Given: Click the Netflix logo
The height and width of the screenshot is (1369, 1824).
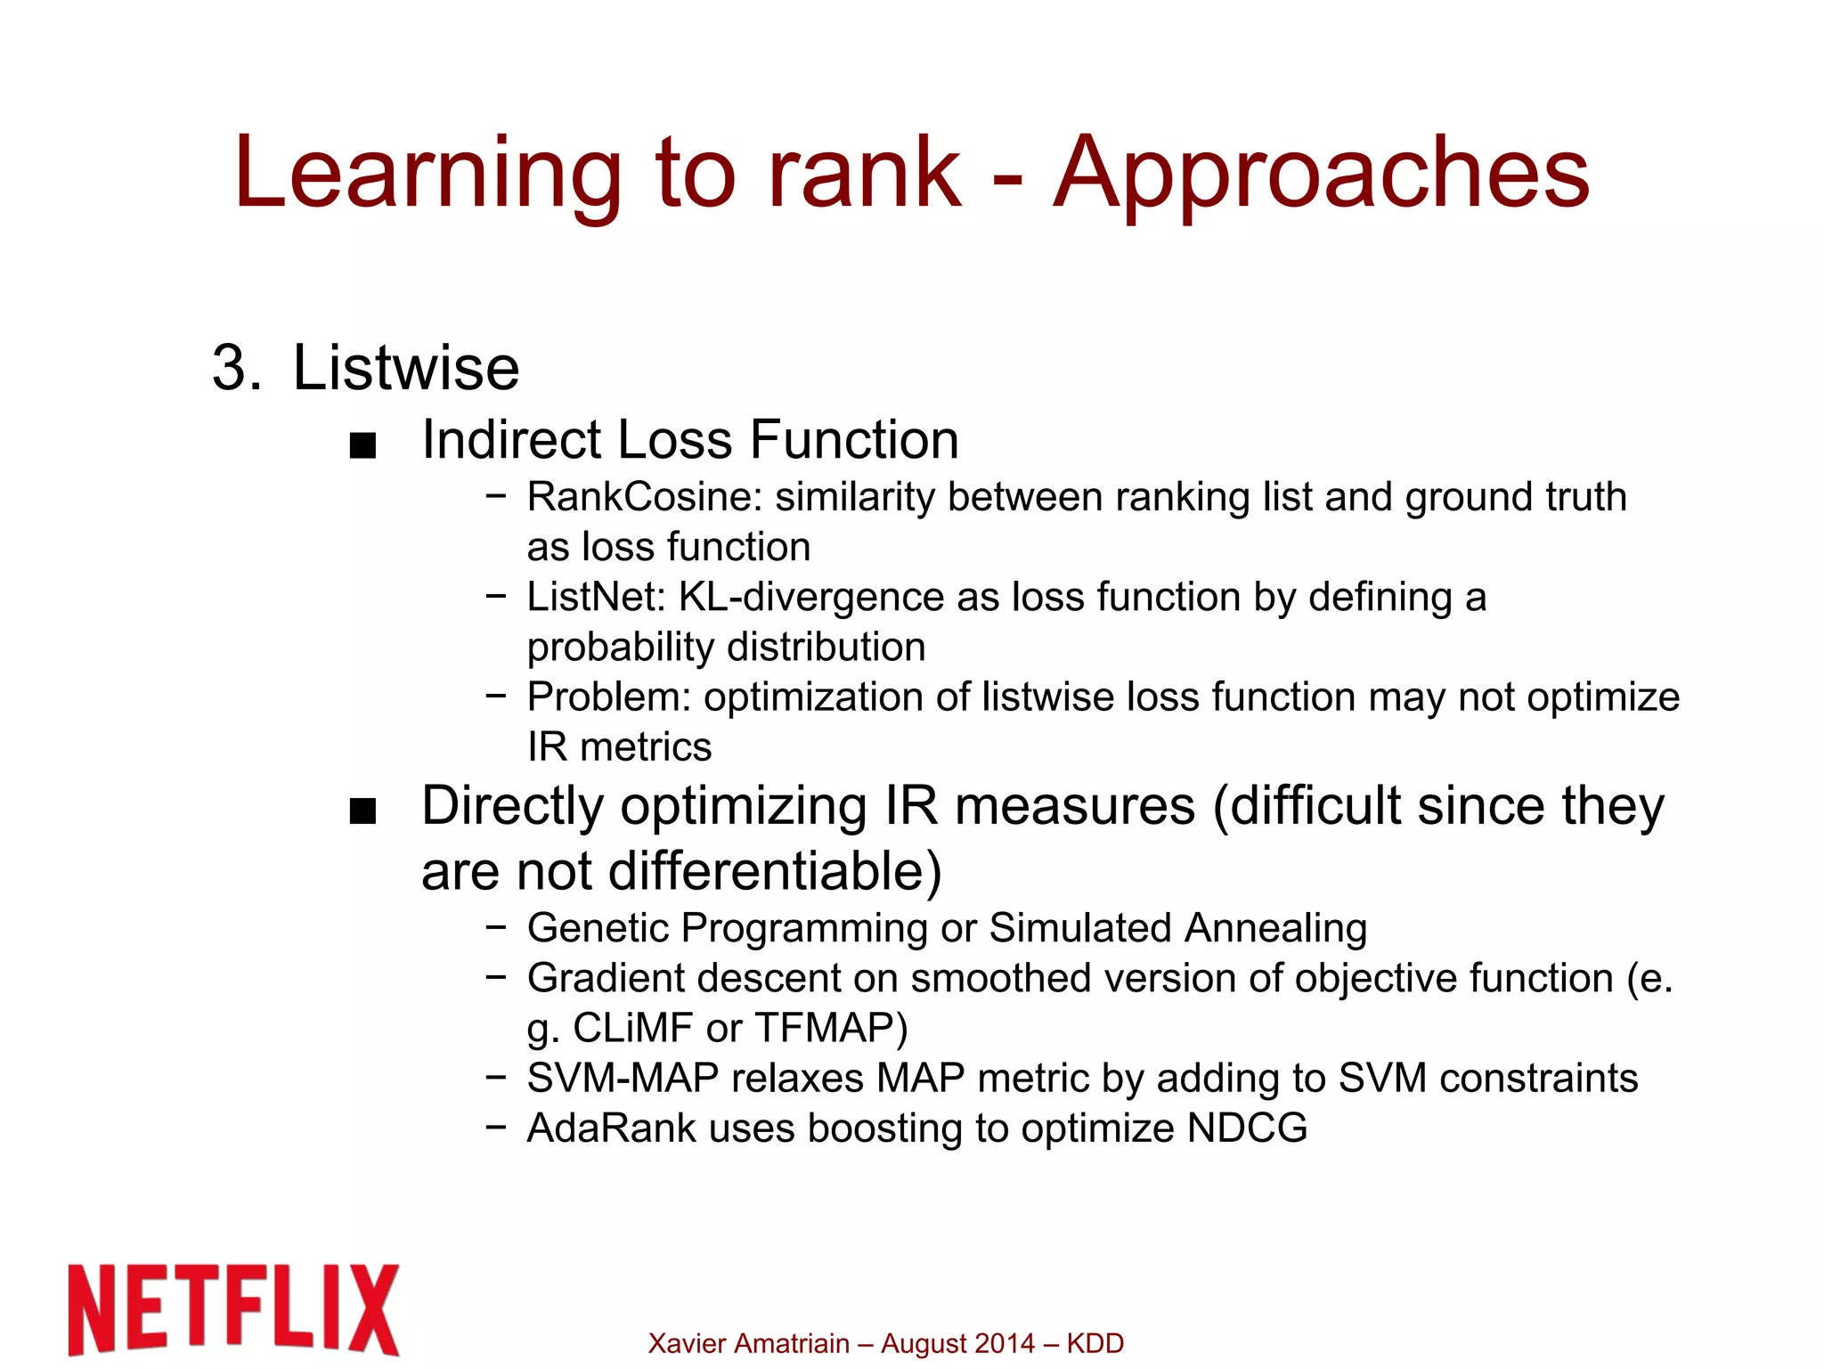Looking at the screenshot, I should [233, 1309].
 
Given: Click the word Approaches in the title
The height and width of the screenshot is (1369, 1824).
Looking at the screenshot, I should [1321, 174].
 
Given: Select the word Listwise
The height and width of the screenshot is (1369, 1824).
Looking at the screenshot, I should [405, 368].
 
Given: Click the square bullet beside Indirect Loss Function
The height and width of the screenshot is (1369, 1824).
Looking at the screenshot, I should [363, 445].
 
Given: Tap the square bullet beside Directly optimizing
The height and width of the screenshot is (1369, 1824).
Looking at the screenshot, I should [363, 811].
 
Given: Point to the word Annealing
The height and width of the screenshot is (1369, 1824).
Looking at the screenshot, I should [1275, 928].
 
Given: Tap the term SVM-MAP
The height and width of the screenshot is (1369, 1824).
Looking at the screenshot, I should [623, 1079].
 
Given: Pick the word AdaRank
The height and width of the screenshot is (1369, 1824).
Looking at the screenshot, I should [611, 1129].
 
